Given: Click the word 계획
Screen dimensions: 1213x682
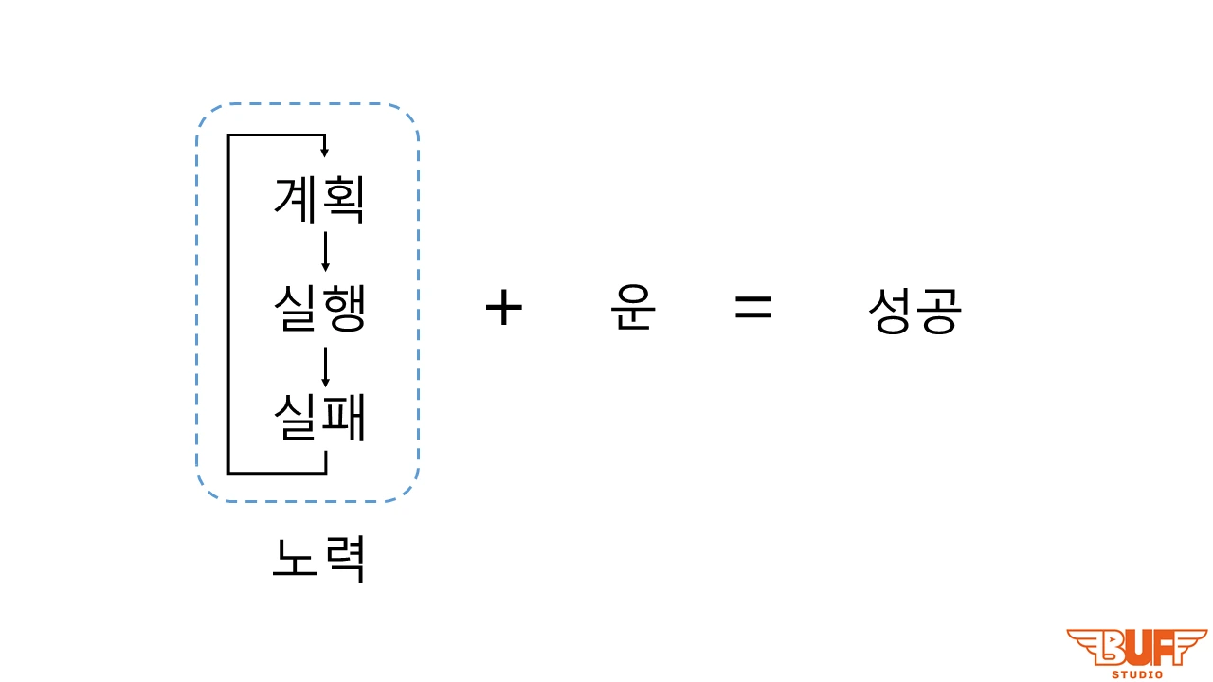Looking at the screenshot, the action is pos(319,200).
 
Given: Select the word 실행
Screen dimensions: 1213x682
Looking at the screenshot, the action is pos(319,310).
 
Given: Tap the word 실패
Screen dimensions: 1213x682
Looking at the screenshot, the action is pos(319,419).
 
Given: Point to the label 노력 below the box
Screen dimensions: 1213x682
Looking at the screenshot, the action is pos(318,559).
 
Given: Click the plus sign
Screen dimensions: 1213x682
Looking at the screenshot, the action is pos(503,309).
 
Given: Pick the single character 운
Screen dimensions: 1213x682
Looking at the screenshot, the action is pos(632,309).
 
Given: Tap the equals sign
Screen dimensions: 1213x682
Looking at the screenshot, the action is pos(753,308).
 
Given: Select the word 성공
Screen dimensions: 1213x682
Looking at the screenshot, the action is pos(914,311).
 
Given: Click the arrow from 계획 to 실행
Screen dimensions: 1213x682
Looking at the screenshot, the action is pos(325,252).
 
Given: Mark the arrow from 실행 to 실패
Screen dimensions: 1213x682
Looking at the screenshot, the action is pos(325,367).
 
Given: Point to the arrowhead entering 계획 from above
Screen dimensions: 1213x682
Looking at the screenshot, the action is pos(325,152).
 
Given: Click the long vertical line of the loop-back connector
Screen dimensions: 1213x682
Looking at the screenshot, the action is pos(228,303).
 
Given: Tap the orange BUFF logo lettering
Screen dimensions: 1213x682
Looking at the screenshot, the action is pos(1137,648).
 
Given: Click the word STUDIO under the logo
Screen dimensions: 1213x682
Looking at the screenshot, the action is pos(1137,674).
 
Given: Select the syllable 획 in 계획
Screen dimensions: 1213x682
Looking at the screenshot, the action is pos(343,200).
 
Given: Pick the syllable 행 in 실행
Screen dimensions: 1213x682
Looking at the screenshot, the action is pos(343,310).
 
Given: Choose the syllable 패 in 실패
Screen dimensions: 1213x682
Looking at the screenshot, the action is pos(343,419).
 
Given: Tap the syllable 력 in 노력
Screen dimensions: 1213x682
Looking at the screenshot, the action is pos(343,559).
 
